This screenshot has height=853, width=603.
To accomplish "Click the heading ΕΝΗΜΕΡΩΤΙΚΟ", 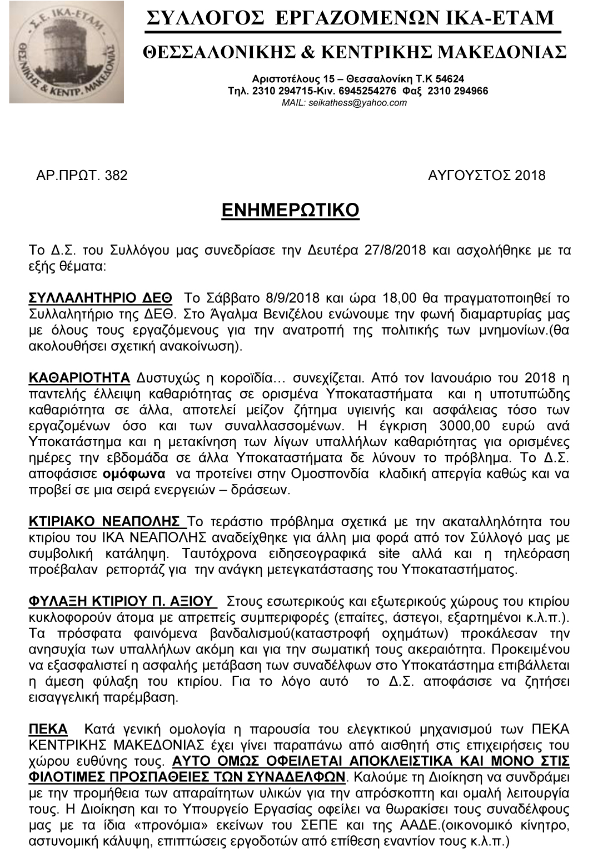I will click(290, 211).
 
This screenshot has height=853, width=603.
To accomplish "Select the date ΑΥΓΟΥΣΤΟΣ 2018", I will click(486, 176).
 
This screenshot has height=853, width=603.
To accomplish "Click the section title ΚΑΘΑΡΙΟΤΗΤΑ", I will click(79, 378).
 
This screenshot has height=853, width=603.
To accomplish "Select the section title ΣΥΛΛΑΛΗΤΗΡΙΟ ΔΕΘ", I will click(100, 298).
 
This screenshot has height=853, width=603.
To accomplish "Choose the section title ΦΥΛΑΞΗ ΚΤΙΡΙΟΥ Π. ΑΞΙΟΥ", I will click(121, 601).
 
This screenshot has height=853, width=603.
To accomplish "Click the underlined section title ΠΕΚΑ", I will click(48, 729).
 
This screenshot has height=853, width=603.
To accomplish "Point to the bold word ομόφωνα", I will click(134, 474).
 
